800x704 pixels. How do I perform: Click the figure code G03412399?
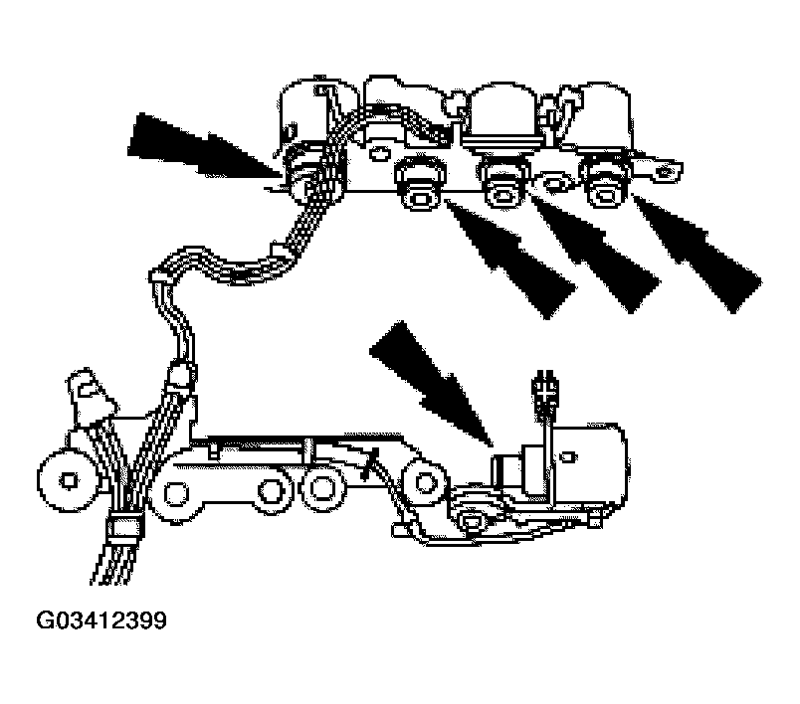click(101, 620)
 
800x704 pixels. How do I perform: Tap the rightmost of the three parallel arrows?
click(698, 254)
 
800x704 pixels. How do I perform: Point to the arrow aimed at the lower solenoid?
click(432, 384)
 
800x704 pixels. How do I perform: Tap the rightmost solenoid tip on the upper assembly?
click(606, 184)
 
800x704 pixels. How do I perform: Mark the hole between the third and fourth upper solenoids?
click(553, 181)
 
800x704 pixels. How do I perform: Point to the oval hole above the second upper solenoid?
click(378, 152)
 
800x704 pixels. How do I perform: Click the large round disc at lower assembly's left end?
click(68, 479)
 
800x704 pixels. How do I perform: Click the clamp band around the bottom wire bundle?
click(125, 529)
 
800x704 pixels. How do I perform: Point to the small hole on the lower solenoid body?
click(570, 456)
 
